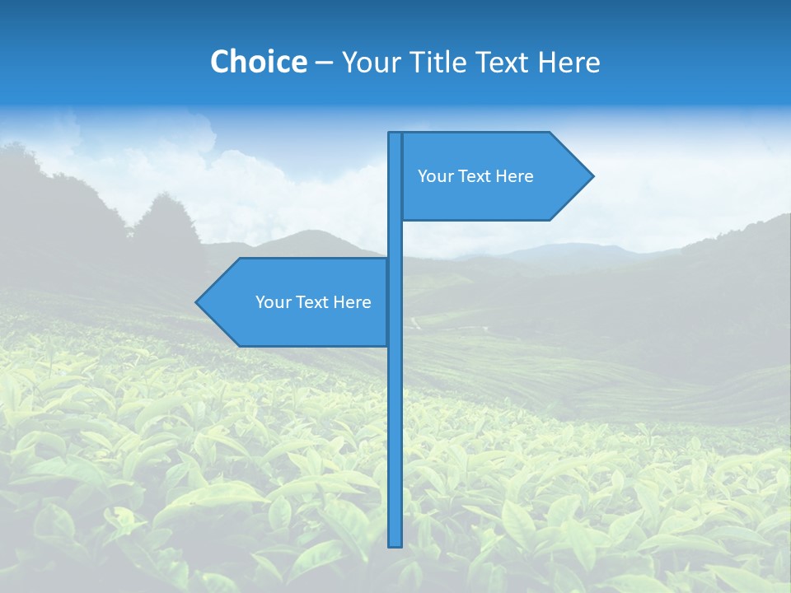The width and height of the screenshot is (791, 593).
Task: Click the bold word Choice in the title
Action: coord(258,62)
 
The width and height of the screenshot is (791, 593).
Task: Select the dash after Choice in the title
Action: coord(324,63)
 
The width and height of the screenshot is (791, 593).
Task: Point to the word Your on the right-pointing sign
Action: coord(435,176)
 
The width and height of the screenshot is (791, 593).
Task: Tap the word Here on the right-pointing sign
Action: coord(515,176)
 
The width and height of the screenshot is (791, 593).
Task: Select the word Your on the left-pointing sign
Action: coord(273,302)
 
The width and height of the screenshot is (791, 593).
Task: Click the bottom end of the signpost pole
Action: coord(395,544)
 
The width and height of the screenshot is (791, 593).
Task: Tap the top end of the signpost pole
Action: coord(395,134)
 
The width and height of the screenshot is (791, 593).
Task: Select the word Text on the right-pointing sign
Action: coord(475,176)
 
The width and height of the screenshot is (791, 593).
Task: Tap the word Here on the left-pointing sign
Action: coord(353,302)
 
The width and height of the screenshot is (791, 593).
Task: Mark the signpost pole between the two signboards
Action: coord(395,240)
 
